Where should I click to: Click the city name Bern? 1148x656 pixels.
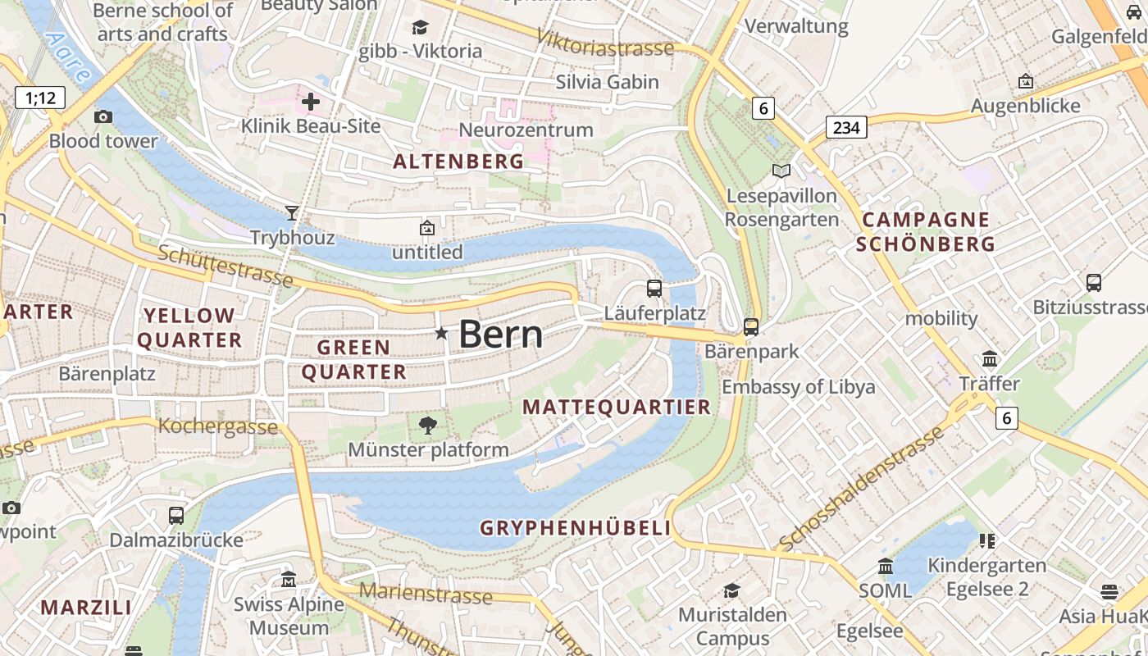(500, 335)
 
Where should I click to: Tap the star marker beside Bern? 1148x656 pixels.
(441, 333)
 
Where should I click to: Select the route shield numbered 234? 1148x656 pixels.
(846, 127)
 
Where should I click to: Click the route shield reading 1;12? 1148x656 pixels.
(40, 98)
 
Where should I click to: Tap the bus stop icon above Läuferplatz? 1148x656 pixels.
(654, 288)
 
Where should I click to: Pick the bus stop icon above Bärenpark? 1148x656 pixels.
(750, 326)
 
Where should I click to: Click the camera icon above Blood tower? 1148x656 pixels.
(102, 116)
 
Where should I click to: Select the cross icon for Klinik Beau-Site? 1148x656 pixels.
(311, 102)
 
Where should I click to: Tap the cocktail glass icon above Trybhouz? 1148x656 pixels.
(292, 213)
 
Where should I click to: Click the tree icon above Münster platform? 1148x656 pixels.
(427, 425)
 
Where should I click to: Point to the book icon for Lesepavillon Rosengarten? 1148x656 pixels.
(781, 171)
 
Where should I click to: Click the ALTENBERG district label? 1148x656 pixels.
(458, 162)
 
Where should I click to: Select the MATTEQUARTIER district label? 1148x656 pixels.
(617, 408)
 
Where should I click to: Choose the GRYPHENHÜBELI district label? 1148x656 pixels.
(576, 528)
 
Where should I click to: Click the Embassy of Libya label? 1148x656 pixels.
(798, 387)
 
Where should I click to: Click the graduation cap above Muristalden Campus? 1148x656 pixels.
(731, 590)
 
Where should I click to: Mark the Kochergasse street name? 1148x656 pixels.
(217, 426)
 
